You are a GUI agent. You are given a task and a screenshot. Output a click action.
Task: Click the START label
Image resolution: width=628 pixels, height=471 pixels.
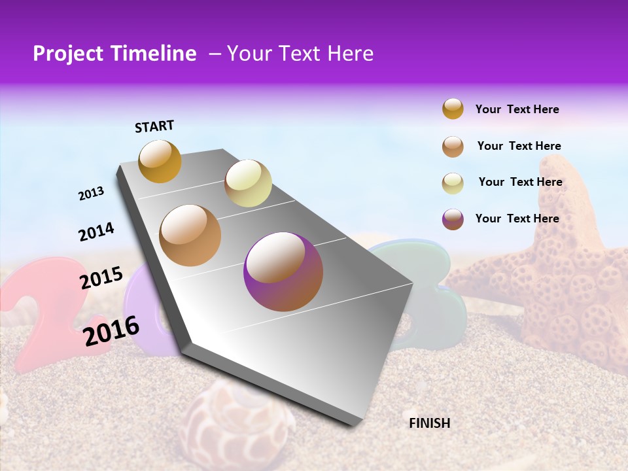coord(154,126)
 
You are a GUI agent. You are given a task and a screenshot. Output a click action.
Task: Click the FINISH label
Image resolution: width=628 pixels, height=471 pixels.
coord(429,423)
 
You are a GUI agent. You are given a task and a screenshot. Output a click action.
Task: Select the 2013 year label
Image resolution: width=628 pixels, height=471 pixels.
coord(92,194)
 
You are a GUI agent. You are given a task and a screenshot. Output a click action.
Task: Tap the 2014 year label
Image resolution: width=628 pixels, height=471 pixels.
coord(96,232)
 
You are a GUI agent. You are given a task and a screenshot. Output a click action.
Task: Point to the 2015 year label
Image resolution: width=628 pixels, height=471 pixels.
coord(101,278)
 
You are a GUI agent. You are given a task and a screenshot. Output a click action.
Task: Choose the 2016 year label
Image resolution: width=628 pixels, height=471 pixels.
coord(111,330)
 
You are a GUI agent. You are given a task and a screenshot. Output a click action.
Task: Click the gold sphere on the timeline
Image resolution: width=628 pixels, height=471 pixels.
coord(160,161)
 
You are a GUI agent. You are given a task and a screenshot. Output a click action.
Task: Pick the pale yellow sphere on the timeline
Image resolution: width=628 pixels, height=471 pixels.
coord(248,183)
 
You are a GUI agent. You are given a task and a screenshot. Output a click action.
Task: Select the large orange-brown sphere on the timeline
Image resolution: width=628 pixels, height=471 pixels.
coord(190,235)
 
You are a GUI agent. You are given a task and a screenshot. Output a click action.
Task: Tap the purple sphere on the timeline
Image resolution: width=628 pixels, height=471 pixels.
coord(283,271)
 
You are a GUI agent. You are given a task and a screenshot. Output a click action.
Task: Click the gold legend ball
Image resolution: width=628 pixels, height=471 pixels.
coord(453,109)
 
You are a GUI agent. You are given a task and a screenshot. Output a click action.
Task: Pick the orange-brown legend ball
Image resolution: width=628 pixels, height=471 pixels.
coord(453,146)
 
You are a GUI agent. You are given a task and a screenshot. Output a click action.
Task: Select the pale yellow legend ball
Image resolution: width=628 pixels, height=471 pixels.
coord(453,183)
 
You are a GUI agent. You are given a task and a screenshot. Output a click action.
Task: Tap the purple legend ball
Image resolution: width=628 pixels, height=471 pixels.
coord(453,218)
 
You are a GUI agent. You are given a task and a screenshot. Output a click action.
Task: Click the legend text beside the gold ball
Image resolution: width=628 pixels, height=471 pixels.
coord(517,109)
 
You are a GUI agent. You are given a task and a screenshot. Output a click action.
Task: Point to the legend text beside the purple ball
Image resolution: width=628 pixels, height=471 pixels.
coord(517,218)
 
